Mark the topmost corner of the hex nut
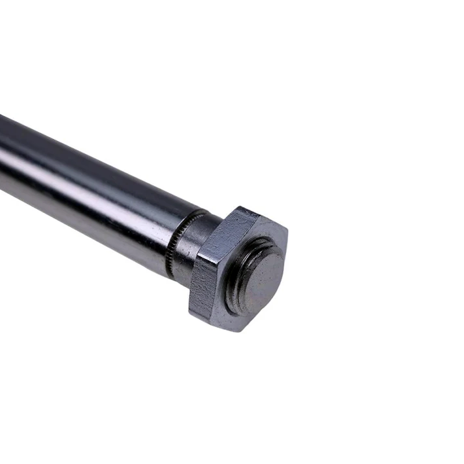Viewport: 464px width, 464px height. pyautogui.click(x=238, y=207)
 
